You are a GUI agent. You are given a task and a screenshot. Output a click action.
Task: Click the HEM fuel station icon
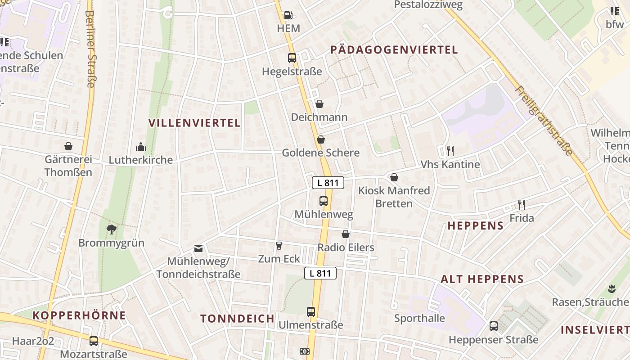click(x=288, y=16)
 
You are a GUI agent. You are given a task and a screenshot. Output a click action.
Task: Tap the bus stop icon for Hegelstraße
click(x=292, y=58)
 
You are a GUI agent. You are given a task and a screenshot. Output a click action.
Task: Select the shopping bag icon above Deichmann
click(x=319, y=104)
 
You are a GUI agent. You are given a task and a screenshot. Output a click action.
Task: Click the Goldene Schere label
click(x=320, y=153)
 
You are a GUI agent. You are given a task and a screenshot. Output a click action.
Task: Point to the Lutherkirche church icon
click(x=141, y=147)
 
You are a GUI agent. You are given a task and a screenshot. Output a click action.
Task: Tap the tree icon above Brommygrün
click(x=112, y=230)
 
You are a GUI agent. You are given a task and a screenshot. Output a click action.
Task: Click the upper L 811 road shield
click(x=328, y=183)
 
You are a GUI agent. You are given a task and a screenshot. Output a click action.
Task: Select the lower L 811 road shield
click(x=320, y=273)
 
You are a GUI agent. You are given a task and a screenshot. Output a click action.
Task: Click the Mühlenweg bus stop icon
click(x=324, y=201)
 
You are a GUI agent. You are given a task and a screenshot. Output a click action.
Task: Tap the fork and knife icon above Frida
click(x=522, y=205)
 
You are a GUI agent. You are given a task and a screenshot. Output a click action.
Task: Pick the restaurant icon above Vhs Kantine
click(x=450, y=151)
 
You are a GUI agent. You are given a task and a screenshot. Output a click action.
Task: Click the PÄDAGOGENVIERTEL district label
click(x=394, y=50)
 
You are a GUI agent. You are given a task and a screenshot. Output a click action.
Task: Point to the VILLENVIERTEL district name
click(x=194, y=123)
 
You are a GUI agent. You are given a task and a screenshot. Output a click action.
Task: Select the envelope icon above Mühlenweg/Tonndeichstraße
click(x=198, y=248)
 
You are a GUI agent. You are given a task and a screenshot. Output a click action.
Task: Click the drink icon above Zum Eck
click(x=279, y=245)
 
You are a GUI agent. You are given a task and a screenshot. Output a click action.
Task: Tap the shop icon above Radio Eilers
click(x=346, y=234)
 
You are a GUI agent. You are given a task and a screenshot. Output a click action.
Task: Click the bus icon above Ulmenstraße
click(x=311, y=311)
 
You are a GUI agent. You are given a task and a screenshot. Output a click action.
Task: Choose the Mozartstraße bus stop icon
click(x=94, y=341)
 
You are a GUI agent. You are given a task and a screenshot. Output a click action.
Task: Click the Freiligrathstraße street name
click(x=545, y=121)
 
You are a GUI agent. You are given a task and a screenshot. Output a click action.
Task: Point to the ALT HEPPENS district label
click(x=482, y=279)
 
